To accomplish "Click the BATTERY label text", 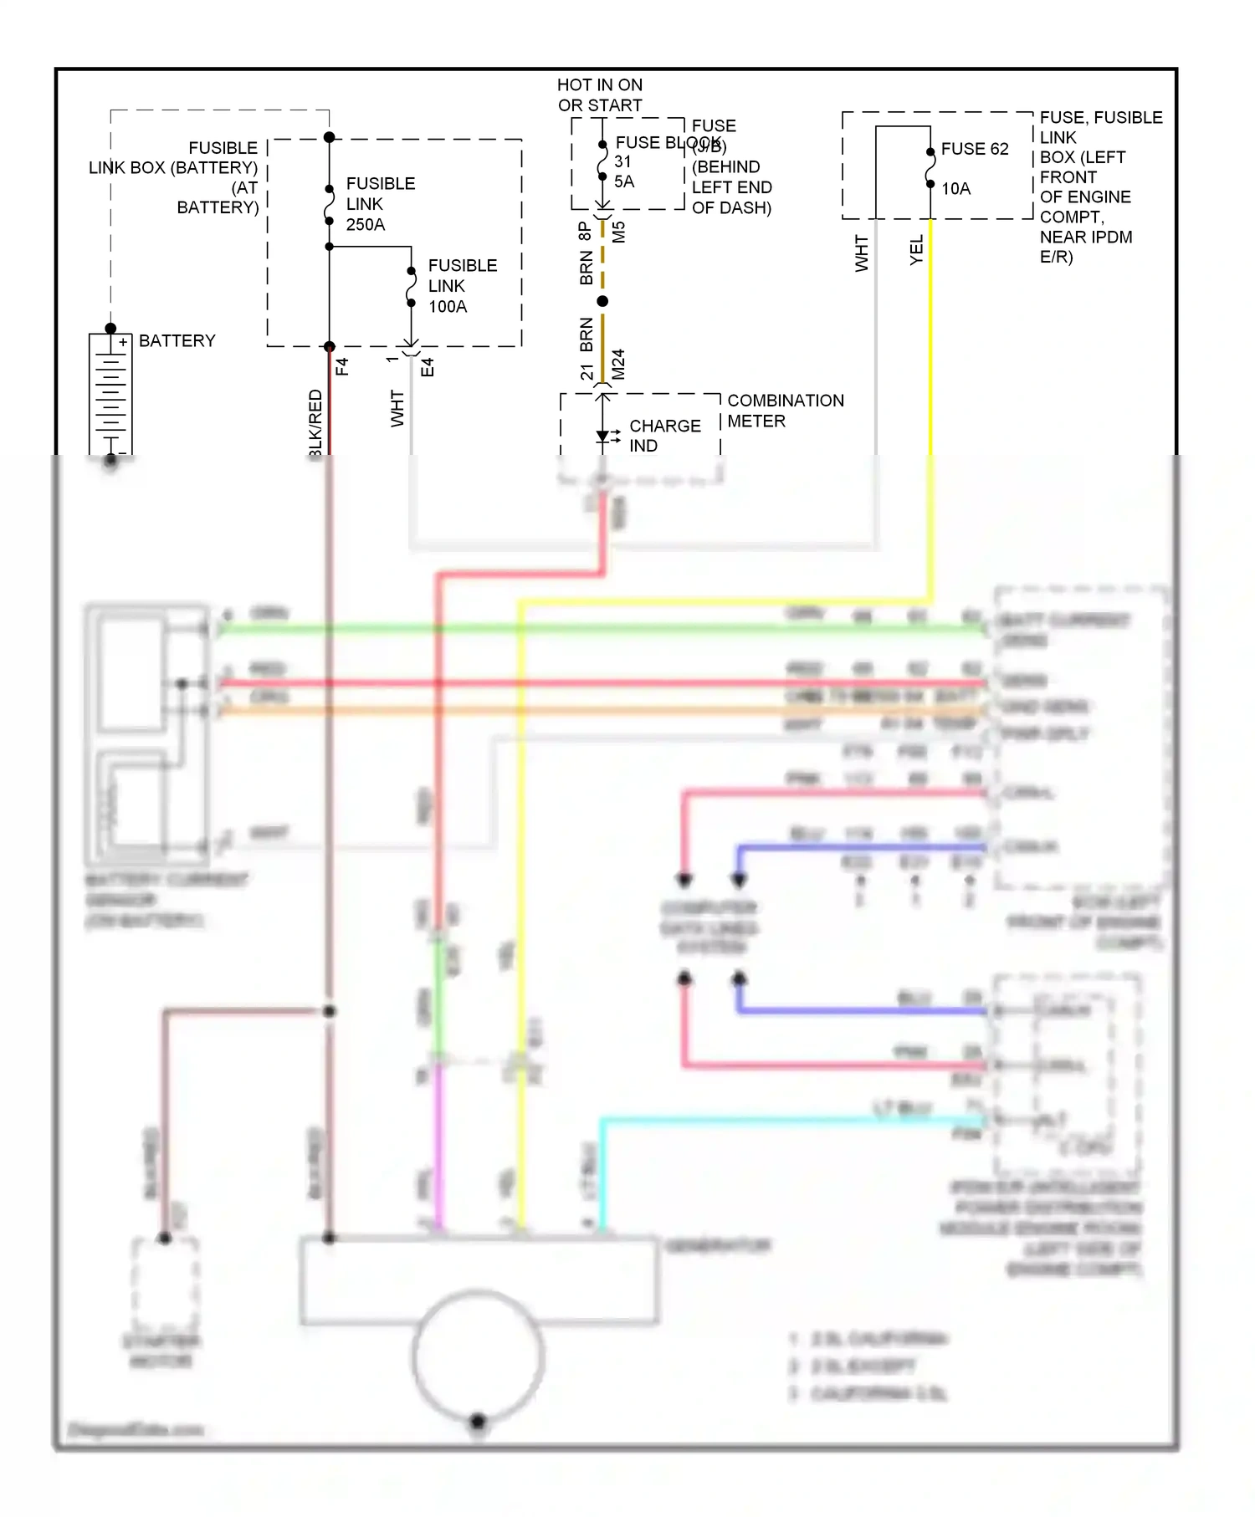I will [x=177, y=340].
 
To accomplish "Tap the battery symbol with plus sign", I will [x=110, y=393].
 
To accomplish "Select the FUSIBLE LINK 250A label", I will [x=380, y=203].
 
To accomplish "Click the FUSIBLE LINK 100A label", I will [x=462, y=285].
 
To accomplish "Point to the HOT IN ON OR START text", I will [x=600, y=94].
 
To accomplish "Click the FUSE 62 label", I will [x=975, y=149].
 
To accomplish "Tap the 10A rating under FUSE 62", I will [x=956, y=188].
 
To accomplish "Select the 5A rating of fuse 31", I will [x=623, y=181].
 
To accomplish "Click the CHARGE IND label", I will [x=664, y=435].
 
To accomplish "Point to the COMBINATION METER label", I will [x=785, y=410].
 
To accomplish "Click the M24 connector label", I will [x=618, y=364].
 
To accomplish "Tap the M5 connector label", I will [x=618, y=232].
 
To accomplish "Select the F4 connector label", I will [x=342, y=366].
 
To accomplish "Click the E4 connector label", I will [x=428, y=366].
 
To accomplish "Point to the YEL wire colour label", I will [x=916, y=250].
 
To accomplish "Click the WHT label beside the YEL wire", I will [x=862, y=253].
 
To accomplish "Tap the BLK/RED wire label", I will [x=315, y=422].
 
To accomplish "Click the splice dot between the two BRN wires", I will [x=602, y=300].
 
